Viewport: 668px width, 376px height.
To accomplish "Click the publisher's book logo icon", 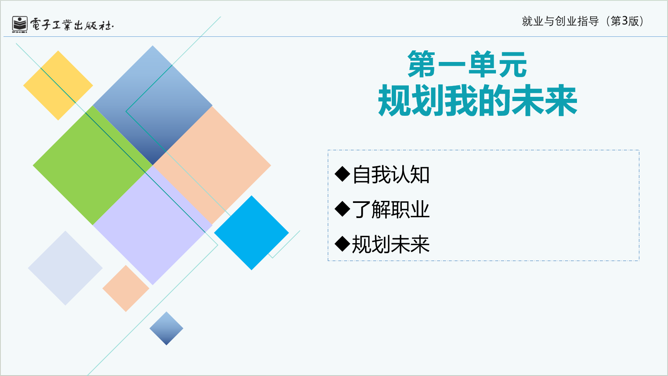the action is point(20,24).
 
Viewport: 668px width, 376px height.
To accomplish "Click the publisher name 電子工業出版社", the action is point(72,25).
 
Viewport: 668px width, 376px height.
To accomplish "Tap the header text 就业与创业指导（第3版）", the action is point(583,21).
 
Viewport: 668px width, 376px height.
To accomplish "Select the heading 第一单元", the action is point(467,64).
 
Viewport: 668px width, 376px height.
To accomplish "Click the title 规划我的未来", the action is point(478,101).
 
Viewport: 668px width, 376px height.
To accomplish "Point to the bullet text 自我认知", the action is point(391,175).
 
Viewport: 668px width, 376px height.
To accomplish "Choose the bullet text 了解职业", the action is point(391,209).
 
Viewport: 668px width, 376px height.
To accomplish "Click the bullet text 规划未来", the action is point(391,244).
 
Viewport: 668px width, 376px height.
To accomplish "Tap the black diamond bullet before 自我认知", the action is point(343,174).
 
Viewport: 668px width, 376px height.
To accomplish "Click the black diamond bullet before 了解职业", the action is point(343,209).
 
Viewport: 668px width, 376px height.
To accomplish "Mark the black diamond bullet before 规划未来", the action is point(343,244).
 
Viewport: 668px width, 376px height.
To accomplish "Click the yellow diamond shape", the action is point(58,85).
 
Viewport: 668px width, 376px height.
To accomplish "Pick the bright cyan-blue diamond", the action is point(251,233).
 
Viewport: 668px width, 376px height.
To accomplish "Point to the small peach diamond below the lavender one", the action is point(126,288).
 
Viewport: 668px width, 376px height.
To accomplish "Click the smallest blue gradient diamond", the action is point(166,328).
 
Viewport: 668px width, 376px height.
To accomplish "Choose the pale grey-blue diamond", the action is point(65,268).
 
